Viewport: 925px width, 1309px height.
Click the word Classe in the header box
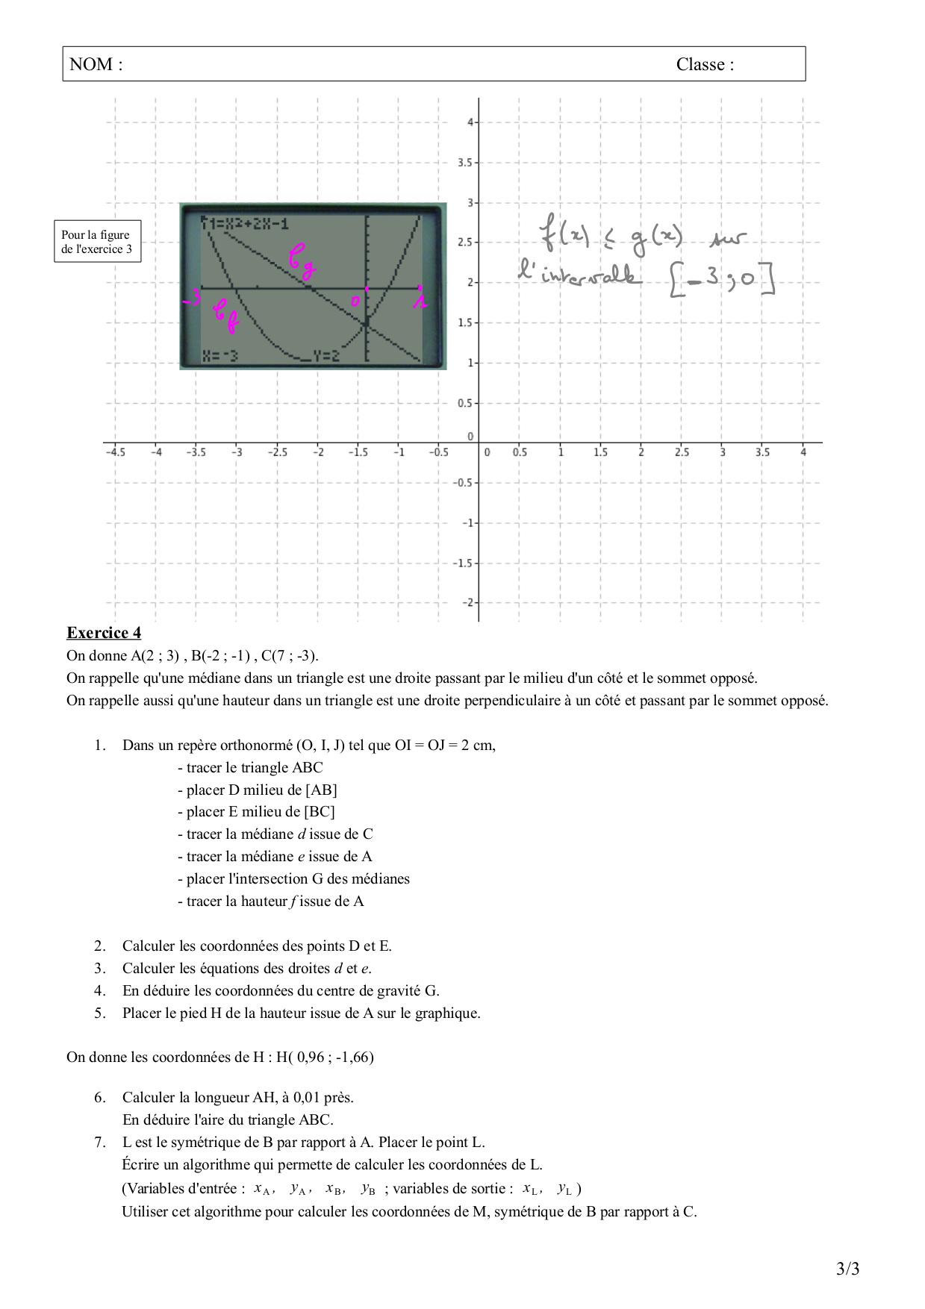pos(700,65)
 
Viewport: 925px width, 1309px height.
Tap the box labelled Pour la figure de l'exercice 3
pos(97,242)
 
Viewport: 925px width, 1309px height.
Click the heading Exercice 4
pos(104,633)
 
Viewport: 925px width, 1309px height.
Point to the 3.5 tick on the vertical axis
pos(464,162)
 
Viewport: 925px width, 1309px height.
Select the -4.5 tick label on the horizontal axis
pos(115,452)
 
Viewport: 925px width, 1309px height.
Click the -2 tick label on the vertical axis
pos(467,602)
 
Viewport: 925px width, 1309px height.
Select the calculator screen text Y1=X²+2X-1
pos(246,223)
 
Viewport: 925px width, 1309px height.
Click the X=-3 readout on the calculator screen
pos(221,356)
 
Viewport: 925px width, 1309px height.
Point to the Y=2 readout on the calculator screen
pos(326,356)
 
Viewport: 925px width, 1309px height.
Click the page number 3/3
pos(847,1269)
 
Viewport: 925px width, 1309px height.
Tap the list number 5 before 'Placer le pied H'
pos(99,1013)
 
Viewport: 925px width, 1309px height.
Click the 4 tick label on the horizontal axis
pos(803,452)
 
